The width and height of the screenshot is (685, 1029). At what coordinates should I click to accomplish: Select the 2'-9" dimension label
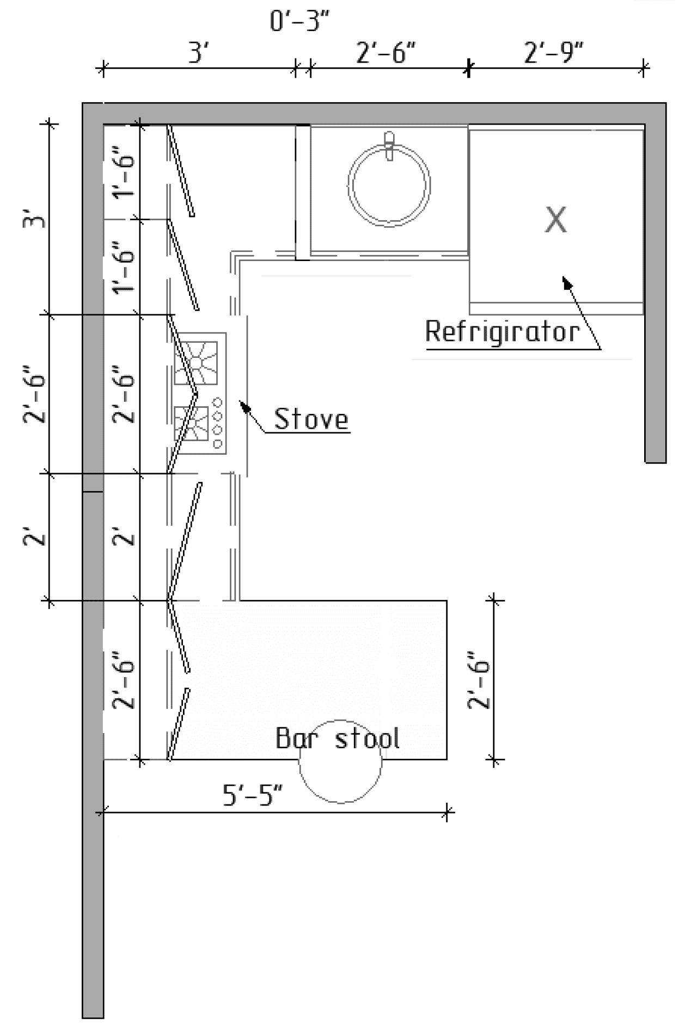pyautogui.click(x=553, y=53)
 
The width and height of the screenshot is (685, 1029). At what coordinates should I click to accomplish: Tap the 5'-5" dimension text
pyautogui.click(x=253, y=795)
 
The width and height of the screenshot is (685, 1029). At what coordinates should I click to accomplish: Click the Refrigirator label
pyautogui.click(x=502, y=332)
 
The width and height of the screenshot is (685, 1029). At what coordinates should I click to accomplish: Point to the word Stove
pyautogui.click(x=311, y=419)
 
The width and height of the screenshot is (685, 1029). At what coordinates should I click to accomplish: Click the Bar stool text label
pyautogui.click(x=338, y=739)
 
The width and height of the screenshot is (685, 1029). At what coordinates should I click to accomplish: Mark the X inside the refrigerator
pyautogui.click(x=555, y=220)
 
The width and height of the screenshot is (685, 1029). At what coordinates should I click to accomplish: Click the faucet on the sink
pyautogui.click(x=389, y=145)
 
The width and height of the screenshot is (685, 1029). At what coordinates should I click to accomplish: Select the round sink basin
pyautogui.click(x=389, y=185)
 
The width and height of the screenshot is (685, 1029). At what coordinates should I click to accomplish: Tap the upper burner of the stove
pyautogui.click(x=195, y=363)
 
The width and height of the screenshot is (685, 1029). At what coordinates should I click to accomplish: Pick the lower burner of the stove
pyautogui.click(x=192, y=423)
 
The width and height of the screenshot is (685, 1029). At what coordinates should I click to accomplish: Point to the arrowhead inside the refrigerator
pyautogui.click(x=567, y=283)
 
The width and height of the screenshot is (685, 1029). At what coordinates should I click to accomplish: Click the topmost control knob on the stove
pyautogui.click(x=218, y=403)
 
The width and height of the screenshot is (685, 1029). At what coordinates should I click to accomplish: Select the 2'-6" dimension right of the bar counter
pyautogui.click(x=479, y=680)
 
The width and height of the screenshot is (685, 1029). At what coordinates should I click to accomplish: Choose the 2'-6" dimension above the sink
pyautogui.click(x=386, y=53)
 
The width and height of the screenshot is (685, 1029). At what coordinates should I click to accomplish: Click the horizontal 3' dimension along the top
pyautogui.click(x=199, y=53)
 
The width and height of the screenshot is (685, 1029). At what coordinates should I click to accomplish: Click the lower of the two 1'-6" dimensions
pyautogui.click(x=124, y=266)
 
